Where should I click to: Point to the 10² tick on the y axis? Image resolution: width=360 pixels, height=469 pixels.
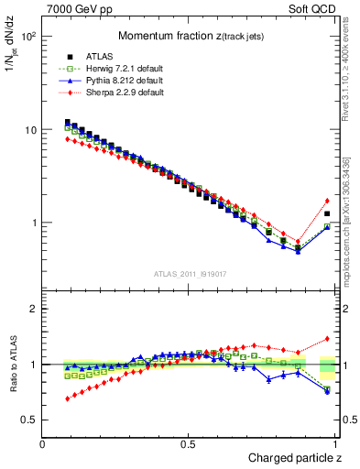point(27,37)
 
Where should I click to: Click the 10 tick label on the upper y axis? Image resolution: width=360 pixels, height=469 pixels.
point(30,130)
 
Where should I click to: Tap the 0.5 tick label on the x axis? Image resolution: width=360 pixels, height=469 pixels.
point(189,444)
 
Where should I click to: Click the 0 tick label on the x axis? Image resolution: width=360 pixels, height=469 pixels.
point(43,444)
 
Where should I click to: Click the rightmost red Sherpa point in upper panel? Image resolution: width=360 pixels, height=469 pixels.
point(327,201)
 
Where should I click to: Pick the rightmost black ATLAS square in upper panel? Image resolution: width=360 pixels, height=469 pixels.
point(327,213)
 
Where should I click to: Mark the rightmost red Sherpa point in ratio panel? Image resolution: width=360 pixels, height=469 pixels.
point(327,338)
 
